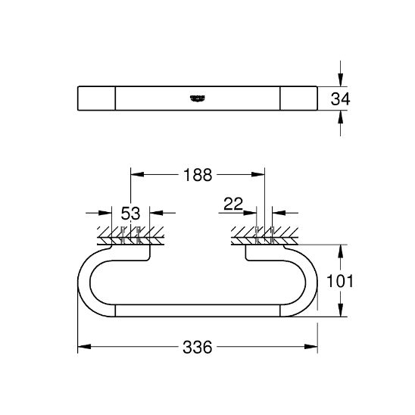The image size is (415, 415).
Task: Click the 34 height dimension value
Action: point(340,99)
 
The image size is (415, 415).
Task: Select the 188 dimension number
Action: point(198,175)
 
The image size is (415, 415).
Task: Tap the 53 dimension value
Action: point(130,214)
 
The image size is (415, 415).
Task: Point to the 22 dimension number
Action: point(233,204)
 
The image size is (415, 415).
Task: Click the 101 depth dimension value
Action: point(340,281)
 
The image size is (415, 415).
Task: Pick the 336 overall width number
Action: point(198,347)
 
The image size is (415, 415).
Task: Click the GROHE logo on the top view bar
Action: point(198,98)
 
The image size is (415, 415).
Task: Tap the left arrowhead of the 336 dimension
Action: point(84,346)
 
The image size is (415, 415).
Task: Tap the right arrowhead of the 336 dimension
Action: point(311,346)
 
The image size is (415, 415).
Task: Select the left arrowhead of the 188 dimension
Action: point(137,174)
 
